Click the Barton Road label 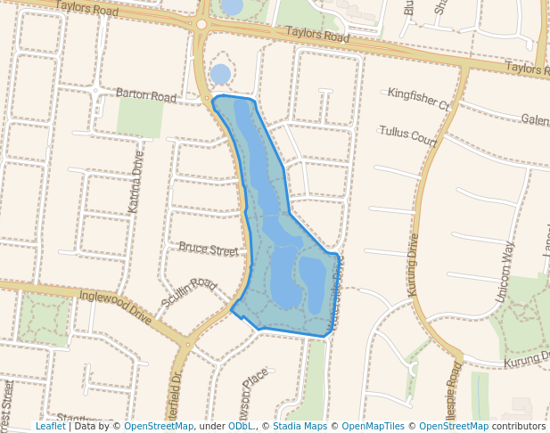click(146, 94)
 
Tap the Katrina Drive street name click(135, 182)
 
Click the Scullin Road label click(189, 295)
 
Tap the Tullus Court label click(407, 136)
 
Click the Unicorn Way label click(504, 262)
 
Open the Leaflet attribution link click(50, 426)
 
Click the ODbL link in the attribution click(241, 426)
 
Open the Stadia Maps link click(300, 426)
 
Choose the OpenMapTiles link click(374, 426)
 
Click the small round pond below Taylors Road click(219, 74)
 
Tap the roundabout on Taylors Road click(202, 24)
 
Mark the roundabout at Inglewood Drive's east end click(187, 344)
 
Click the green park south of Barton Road click(140, 117)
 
